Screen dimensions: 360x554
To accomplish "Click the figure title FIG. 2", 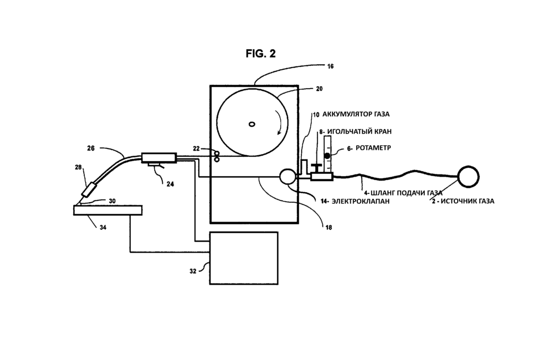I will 260,53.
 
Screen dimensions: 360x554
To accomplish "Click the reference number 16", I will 330,66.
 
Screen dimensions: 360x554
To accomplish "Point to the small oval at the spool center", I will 252,124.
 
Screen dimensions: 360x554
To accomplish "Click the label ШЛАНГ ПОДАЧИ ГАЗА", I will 407,193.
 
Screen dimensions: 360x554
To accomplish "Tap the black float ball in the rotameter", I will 327,157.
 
